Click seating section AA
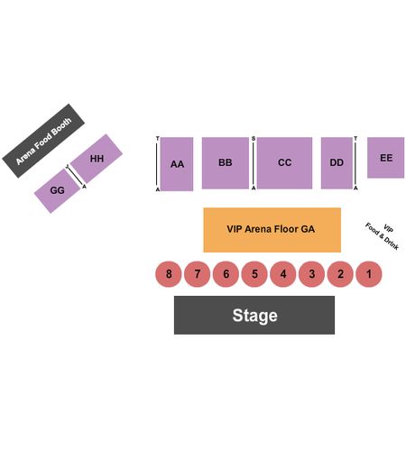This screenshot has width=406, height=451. [177, 164]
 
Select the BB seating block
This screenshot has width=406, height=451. [226, 163]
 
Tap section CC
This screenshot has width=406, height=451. [284, 163]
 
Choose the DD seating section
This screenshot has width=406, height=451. [337, 163]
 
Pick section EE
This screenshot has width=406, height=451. [385, 158]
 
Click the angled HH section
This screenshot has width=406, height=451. [97, 159]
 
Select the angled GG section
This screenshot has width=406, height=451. [57, 190]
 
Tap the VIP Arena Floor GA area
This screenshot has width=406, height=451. [272, 230]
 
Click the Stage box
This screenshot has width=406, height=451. [254, 315]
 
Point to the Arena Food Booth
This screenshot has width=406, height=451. [43, 141]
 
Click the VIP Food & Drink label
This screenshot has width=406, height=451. [383, 236]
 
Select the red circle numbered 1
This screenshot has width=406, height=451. [369, 274]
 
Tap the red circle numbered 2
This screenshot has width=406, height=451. [340, 274]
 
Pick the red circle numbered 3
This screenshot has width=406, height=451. [311, 274]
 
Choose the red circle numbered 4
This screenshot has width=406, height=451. [283, 274]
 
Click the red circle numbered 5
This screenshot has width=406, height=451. [254, 274]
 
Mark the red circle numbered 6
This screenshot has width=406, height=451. [226, 274]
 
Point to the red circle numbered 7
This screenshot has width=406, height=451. [197, 274]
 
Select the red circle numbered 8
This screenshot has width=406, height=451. [169, 274]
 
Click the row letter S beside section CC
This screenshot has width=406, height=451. [254, 139]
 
